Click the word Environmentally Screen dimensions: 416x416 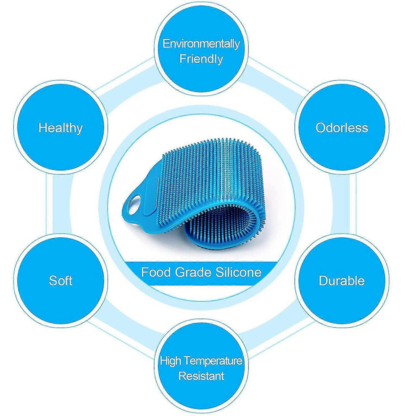(x=201, y=44)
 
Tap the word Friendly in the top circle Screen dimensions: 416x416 (x=201, y=59)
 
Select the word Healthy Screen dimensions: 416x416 (x=61, y=128)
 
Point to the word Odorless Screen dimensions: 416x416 (x=342, y=128)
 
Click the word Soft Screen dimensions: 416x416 (x=61, y=281)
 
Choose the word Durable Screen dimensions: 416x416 (x=342, y=281)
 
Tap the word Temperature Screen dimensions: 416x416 (x=213, y=361)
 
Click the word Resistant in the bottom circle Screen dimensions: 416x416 (x=201, y=376)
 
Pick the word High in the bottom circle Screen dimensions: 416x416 (x=171, y=361)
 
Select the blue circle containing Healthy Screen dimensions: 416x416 (x=61, y=127)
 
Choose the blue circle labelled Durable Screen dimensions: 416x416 (x=342, y=281)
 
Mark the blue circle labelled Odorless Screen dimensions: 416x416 (x=342, y=127)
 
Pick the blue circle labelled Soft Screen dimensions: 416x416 (x=61, y=281)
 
